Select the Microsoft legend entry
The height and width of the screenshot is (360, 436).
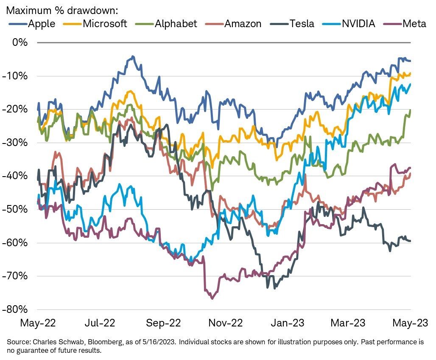point(96,23)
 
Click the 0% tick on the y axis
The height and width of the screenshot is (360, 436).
point(20,42)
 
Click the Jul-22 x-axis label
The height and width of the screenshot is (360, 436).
point(100,323)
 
